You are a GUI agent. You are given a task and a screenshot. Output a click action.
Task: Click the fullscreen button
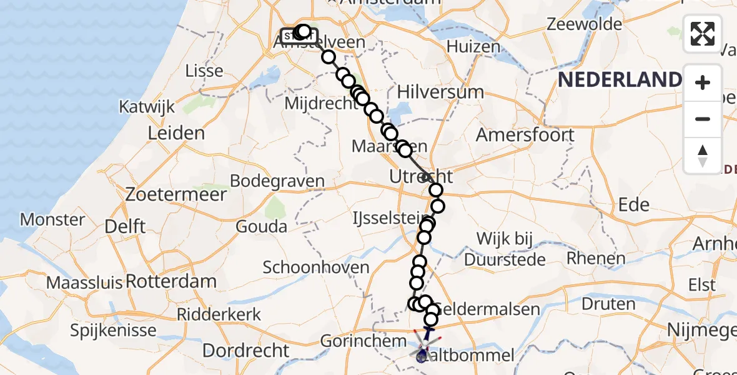tap(703, 34)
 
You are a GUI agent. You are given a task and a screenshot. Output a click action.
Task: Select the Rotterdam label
tap(171, 281)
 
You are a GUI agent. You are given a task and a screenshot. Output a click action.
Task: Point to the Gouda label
tap(262, 226)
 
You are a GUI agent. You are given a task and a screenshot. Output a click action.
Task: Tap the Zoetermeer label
tap(176, 194)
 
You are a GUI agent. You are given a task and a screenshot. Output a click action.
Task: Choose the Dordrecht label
tap(246, 350)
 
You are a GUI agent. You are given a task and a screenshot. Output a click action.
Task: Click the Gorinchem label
tap(354, 341)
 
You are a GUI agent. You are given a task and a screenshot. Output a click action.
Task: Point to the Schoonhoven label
tap(316, 267)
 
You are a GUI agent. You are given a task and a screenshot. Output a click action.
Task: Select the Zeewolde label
tap(585, 24)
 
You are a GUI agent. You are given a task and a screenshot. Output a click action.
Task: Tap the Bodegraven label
tap(277, 181)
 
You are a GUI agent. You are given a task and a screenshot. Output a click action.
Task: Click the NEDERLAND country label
tap(619, 80)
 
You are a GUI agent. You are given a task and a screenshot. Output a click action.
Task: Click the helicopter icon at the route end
tap(424, 347)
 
